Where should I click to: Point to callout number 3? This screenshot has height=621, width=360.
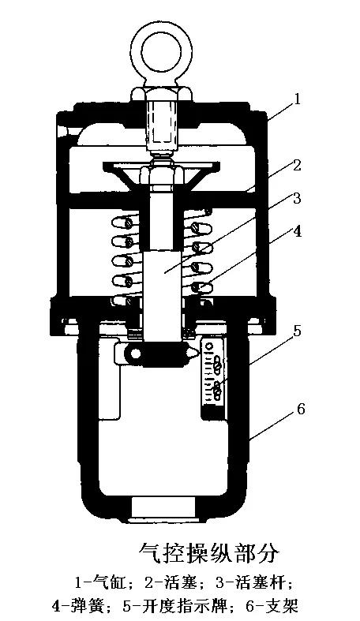(297, 197)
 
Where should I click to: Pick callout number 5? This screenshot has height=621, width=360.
(296, 330)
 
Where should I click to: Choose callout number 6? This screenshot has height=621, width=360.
(301, 409)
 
